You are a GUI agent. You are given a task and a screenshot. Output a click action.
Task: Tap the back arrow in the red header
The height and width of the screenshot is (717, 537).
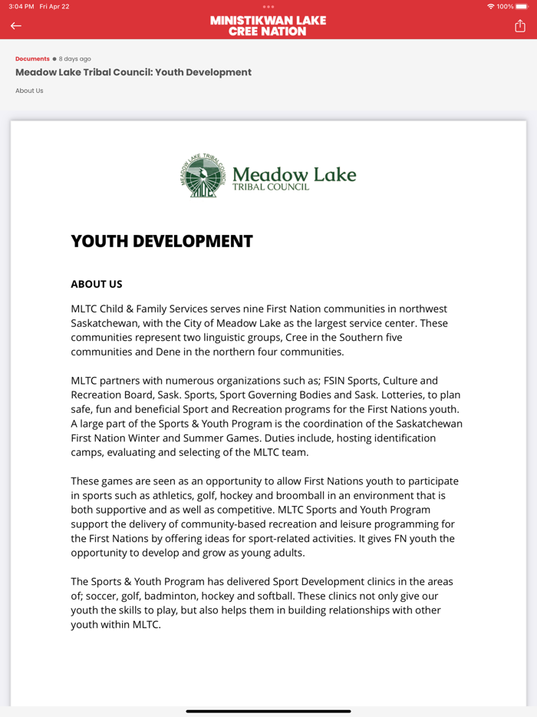pos(16,26)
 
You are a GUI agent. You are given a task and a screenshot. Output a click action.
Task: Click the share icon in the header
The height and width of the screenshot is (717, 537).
pos(520,26)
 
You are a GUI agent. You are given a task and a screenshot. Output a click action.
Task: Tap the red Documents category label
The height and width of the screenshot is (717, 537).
pos(32,59)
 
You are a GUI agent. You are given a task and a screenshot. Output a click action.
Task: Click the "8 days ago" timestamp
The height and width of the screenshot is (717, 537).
pos(75,59)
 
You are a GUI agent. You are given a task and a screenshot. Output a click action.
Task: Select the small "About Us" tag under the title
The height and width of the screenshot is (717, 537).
pos(29,91)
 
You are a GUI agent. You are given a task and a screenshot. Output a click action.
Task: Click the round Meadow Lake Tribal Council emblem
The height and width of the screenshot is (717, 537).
pos(203,176)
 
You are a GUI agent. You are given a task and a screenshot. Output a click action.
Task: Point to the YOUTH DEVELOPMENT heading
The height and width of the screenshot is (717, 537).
pos(162,241)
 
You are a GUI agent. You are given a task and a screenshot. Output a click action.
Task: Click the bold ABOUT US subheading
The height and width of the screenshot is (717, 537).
pos(97,284)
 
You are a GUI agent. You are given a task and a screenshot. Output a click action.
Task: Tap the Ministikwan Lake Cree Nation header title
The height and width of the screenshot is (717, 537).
pos(268,26)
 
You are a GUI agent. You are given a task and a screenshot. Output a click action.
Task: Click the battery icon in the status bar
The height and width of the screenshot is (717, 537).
pos(522,6)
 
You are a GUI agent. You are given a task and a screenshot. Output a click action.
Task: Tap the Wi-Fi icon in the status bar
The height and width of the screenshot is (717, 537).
pos(491,6)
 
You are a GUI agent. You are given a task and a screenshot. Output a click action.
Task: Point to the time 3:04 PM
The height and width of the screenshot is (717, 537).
pos(21,6)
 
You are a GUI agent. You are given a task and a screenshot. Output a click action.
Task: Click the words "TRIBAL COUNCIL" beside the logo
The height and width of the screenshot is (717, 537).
pos(271,187)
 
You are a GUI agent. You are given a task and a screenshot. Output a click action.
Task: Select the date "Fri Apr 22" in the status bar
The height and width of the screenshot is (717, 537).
pos(54,6)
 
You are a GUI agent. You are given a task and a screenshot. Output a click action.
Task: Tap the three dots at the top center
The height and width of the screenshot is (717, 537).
pos(268,6)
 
